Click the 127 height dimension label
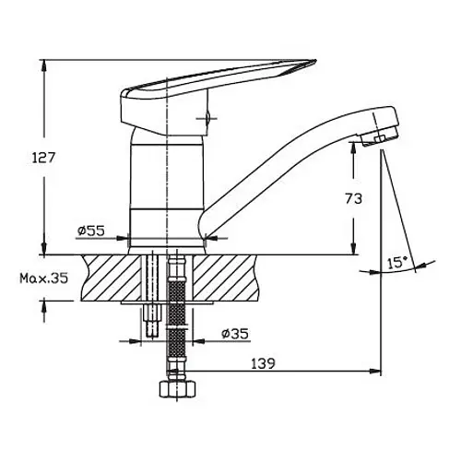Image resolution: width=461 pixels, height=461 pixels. pyautogui.click(x=43, y=158)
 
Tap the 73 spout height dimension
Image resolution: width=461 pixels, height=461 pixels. pyautogui.click(x=354, y=199)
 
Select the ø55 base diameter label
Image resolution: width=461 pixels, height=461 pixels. pyautogui.click(x=91, y=230)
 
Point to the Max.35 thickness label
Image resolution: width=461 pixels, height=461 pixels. pyautogui.click(x=43, y=278)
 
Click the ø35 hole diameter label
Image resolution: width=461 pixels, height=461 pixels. pyautogui.click(x=235, y=334)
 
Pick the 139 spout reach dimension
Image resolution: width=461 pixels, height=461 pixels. pyautogui.click(x=263, y=364)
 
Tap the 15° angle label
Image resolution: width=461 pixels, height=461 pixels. pyautogui.click(x=397, y=263)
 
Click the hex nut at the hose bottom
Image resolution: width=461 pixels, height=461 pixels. pyautogui.click(x=178, y=390)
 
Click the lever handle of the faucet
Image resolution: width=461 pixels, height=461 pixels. pyautogui.click(x=215, y=92)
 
